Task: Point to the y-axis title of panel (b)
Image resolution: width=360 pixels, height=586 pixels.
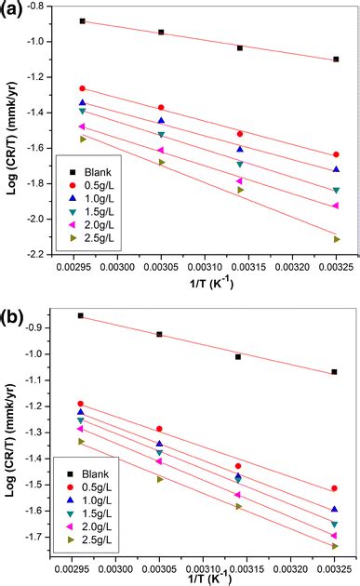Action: click(12, 428)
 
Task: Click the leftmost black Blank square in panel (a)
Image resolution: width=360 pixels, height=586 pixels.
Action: click(82, 20)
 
